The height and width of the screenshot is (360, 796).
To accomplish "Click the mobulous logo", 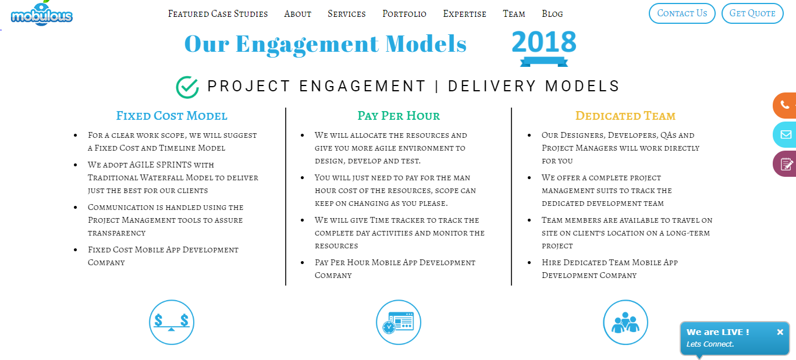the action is pos(41,13).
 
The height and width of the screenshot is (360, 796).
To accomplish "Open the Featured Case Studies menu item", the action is pos(218,14).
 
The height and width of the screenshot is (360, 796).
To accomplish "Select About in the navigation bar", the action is pos(298,14).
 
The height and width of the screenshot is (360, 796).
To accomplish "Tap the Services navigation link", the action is pos(346,14).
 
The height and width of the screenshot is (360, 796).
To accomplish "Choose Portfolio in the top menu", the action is pos(404,14).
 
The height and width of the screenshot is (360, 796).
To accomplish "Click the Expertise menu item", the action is pos(464,14).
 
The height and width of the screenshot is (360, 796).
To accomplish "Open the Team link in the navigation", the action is pos(514,14).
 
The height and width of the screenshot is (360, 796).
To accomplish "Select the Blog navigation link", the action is pos(552,14).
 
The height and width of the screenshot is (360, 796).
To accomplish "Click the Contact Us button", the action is pos(682,13).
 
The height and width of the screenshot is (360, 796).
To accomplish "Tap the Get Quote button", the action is pos(752,13).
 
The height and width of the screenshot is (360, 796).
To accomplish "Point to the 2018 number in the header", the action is pos(543,42).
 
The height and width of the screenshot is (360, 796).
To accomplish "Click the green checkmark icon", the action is pos(187,87).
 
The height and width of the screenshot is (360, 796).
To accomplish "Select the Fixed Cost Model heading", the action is pos(172,116).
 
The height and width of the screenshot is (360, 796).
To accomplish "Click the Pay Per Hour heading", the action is pos(399,116).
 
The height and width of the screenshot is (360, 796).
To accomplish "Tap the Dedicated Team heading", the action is pos(626,116).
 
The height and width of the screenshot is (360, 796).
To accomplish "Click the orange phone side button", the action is pos(784,105).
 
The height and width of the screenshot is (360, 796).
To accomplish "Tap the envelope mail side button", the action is pos(784,134).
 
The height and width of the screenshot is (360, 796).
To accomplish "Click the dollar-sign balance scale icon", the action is pos(172,322).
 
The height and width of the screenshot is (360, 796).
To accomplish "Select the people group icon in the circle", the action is pos(626,322).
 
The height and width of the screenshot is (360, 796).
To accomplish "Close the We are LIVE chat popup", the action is pos(780,332).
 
